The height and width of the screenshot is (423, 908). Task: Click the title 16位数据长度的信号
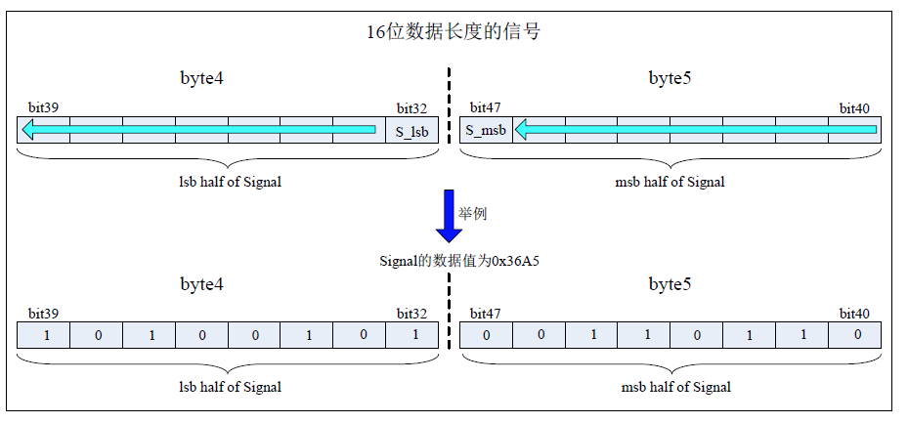(454, 32)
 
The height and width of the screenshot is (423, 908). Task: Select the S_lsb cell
(411, 130)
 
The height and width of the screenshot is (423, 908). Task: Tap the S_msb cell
(486, 130)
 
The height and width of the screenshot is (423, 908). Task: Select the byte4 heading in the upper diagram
(202, 78)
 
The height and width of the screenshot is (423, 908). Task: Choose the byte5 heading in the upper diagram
(670, 78)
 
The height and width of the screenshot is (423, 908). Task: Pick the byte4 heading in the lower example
(202, 284)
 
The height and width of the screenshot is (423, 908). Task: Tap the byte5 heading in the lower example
(670, 284)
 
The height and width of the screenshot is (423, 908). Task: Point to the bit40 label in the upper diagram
(854, 107)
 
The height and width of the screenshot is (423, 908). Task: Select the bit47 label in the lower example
(485, 314)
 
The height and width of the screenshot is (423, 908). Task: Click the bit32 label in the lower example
(411, 314)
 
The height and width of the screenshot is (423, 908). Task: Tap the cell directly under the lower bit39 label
(44, 336)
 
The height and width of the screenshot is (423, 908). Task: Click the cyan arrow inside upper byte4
(200, 129)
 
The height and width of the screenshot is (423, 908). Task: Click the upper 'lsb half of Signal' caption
(230, 182)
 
